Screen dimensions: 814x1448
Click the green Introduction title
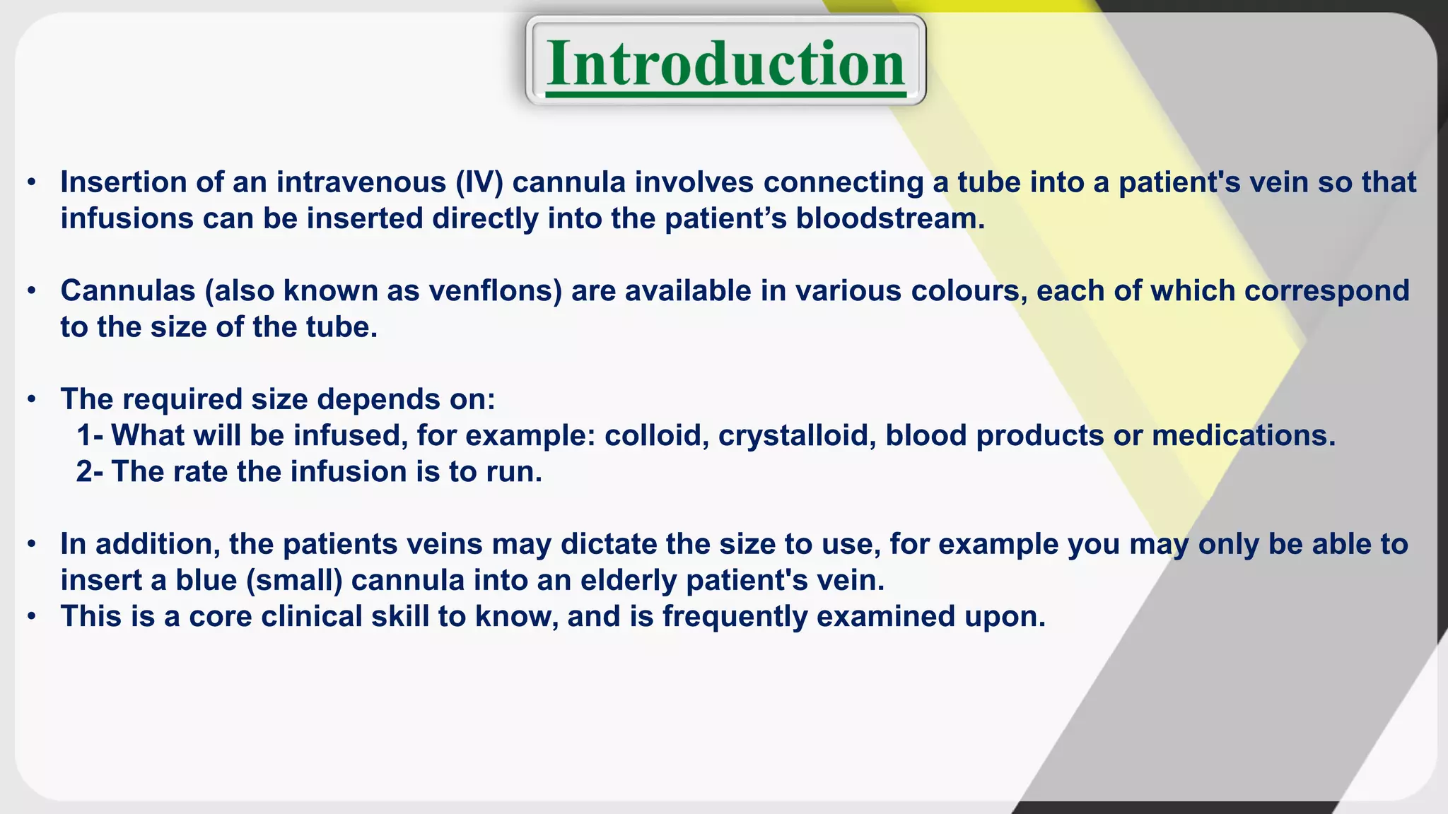click(725, 64)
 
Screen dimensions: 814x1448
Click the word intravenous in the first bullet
click(361, 182)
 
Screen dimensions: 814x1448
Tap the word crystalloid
click(797, 435)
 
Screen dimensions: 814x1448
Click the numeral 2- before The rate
click(90, 472)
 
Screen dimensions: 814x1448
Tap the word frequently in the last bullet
click(735, 617)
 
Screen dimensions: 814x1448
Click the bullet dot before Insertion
click(31, 183)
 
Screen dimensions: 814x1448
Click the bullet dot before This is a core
click(31, 618)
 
